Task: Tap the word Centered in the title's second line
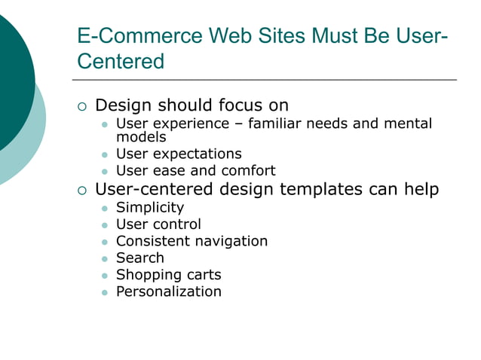(x=121, y=62)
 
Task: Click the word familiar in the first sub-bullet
(x=278, y=123)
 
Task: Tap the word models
(x=141, y=137)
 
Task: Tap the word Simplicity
(x=149, y=207)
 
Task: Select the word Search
(x=139, y=258)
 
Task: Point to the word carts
(x=199, y=275)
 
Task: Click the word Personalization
(x=168, y=291)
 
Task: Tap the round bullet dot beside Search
(x=105, y=258)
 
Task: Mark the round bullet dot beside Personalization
(x=105, y=292)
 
